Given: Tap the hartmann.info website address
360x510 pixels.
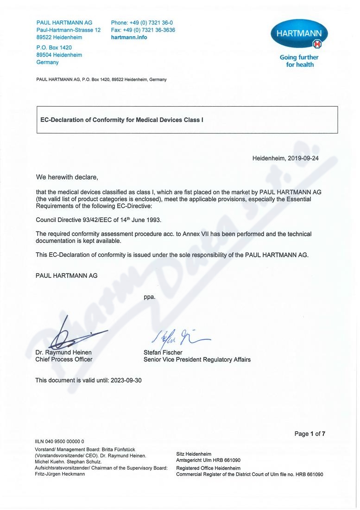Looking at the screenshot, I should pos(129,38).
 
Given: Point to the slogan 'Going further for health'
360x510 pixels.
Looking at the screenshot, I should pos(299,61).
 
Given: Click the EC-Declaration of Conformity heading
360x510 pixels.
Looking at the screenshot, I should pos(122,120).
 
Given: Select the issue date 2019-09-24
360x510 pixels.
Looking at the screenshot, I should pos(303,158).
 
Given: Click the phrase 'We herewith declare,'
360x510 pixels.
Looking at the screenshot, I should pos(67,177).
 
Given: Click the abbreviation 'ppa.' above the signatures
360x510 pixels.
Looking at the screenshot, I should pos(150,297).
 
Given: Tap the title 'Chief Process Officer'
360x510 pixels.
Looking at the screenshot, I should pos(64,359).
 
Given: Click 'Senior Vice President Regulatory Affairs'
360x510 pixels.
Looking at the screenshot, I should pos(197,359).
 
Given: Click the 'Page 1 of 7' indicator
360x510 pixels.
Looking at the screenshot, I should pos(309,434).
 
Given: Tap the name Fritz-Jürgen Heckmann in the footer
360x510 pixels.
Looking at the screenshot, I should pos(60,474).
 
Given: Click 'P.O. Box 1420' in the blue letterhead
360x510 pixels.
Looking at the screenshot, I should pos(54,47).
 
